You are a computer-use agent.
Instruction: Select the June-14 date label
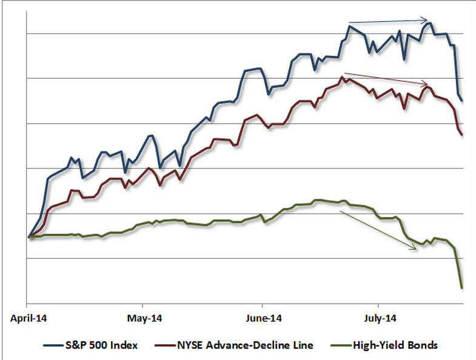(262, 318)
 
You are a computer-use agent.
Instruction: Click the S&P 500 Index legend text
(99, 345)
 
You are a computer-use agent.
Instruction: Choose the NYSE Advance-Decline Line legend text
(246, 345)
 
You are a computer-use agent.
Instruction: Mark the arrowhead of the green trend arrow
(417, 249)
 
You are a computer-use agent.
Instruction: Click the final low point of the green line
(462, 287)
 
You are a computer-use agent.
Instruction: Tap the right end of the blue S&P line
(463, 101)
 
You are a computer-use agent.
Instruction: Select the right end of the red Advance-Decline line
(463, 135)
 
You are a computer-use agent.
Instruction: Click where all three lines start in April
(28, 236)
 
